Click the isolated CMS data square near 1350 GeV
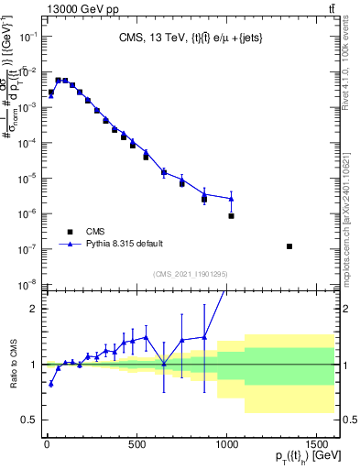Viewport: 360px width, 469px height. point(289,246)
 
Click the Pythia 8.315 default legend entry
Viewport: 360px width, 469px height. point(125,244)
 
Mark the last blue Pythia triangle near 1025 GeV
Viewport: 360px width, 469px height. point(232,199)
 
